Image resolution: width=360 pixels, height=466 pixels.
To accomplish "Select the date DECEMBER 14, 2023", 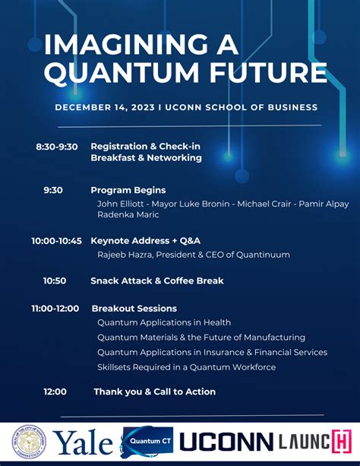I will coord(104,107).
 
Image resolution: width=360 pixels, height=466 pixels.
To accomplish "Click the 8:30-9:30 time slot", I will coord(56,146).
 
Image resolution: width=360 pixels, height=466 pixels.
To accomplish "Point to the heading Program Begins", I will coord(128,190).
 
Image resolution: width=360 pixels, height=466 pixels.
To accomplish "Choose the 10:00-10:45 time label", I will coord(56,240).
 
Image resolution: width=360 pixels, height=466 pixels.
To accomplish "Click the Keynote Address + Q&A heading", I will coord(144,240).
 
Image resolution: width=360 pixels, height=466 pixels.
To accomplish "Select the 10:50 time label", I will coord(55,281).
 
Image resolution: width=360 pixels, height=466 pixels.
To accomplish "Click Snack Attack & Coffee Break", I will coord(156,281).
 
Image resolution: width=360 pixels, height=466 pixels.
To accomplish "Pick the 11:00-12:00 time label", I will coord(55,309).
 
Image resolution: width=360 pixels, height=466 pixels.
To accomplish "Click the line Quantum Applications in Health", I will coord(164,322).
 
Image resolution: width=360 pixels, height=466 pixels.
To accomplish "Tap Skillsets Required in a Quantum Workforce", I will coord(186,367).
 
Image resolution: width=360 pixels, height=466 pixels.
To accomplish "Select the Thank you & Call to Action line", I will coord(154,392).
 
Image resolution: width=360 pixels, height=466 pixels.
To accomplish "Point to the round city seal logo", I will coord(29,442).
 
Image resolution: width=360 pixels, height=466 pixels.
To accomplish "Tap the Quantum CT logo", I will coord(147,442).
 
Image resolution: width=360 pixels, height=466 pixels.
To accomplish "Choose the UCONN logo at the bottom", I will coord(226,442).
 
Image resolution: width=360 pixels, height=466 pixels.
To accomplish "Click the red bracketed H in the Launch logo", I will coord(340,442).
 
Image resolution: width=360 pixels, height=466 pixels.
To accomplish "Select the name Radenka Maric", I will coord(124,214).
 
